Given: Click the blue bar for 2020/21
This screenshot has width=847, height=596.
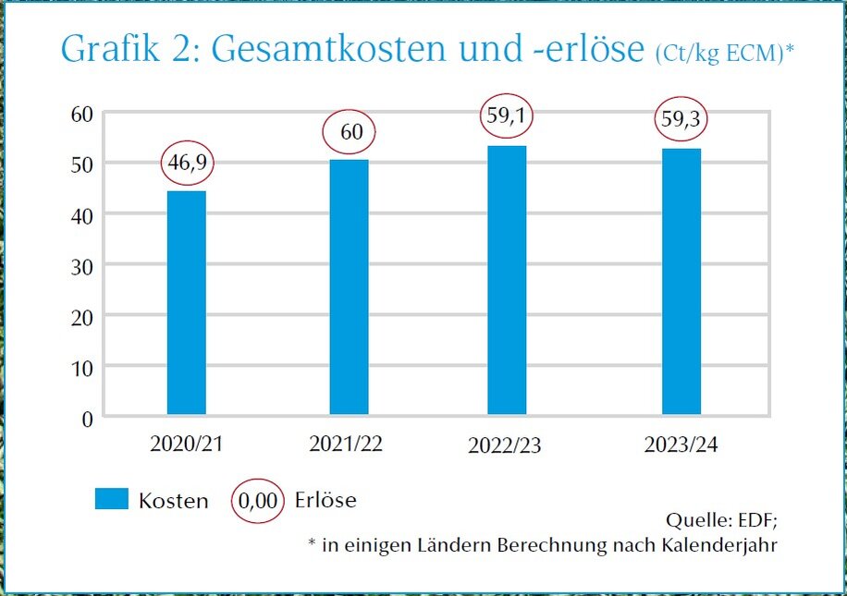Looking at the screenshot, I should pos(186,302).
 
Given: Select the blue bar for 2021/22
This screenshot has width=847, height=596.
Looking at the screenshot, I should pos(349,286).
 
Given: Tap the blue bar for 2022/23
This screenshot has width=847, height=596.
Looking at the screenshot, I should pos(507,280).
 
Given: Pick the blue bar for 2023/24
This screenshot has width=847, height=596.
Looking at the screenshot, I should pos(681,281).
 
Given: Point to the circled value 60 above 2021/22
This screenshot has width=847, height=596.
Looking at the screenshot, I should pos(350,133).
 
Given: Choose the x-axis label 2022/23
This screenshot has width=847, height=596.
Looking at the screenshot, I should pos(505,446).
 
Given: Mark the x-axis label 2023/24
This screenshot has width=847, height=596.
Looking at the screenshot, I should pos(681,444).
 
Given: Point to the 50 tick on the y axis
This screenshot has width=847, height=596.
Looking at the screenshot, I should pos(82,164).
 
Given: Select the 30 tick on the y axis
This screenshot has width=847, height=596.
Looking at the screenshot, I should pos(82,265).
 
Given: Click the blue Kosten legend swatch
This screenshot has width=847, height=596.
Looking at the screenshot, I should pos(112,500).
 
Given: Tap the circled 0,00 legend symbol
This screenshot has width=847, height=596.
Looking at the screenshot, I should pos(258,501).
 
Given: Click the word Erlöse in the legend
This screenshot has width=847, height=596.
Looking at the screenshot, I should pos(325,501).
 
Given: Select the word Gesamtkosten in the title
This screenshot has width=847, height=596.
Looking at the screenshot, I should pos(335,50).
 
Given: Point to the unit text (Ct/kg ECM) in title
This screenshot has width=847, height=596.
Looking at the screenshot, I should pos(718,54).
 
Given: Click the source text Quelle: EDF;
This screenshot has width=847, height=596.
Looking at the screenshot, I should pos(721,517).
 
